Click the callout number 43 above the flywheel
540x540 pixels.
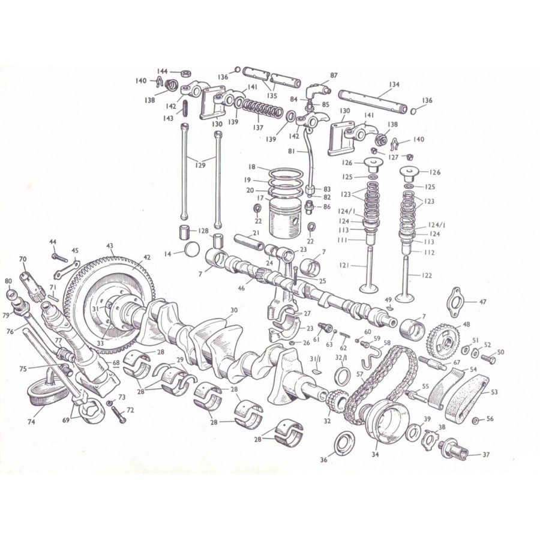pyautogui.click(x=110, y=245)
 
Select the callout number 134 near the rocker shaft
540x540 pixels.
pyautogui.click(x=394, y=85)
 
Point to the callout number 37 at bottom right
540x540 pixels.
pyautogui.click(x=486, y=455)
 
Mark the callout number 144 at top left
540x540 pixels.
pyautogui.click(x=162, y=71)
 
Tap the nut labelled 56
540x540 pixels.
pyautogui.click(x=475, y=419)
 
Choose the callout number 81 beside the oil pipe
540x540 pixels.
pyautogui.click(x=292, y=151)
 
